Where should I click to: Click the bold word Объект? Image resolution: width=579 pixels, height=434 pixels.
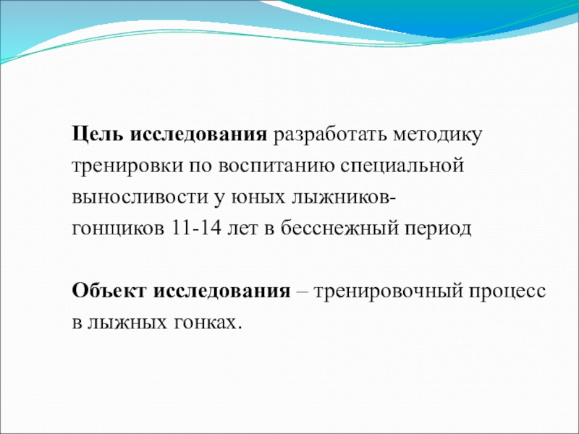pyautogui.click(x=109, y=292)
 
